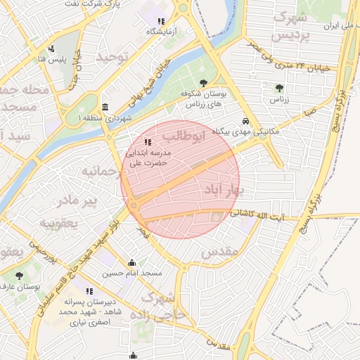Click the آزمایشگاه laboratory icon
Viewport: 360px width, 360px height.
(x=161, y=21)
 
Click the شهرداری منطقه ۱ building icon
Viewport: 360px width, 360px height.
(x=105, y=107)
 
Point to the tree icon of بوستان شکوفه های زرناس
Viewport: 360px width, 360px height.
(x=204, y=83)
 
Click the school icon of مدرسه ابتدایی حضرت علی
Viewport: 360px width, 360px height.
(x=147, y=143)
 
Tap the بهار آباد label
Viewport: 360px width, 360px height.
(x=223, y=190)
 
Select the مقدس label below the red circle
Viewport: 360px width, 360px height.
(x=220, y=252)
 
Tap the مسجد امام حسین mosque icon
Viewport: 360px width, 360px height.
(x=131, y=263)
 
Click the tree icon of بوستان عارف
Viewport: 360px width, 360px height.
(x=19, y=276)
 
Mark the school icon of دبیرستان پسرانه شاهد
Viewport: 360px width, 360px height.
(x=89, y=291)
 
